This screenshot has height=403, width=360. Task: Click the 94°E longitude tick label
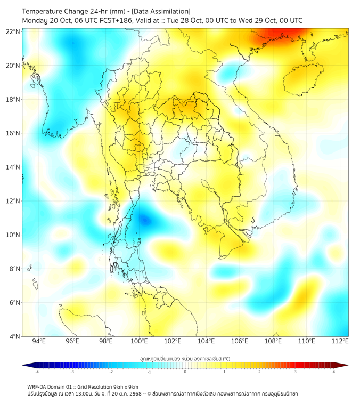39,341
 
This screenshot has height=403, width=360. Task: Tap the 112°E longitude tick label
340,341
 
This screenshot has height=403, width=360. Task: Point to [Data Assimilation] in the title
160,11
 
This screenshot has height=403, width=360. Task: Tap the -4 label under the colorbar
36,372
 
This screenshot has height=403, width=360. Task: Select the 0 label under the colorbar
185,372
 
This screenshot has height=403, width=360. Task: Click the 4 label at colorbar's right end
334,372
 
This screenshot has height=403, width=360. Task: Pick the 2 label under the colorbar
259,372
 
